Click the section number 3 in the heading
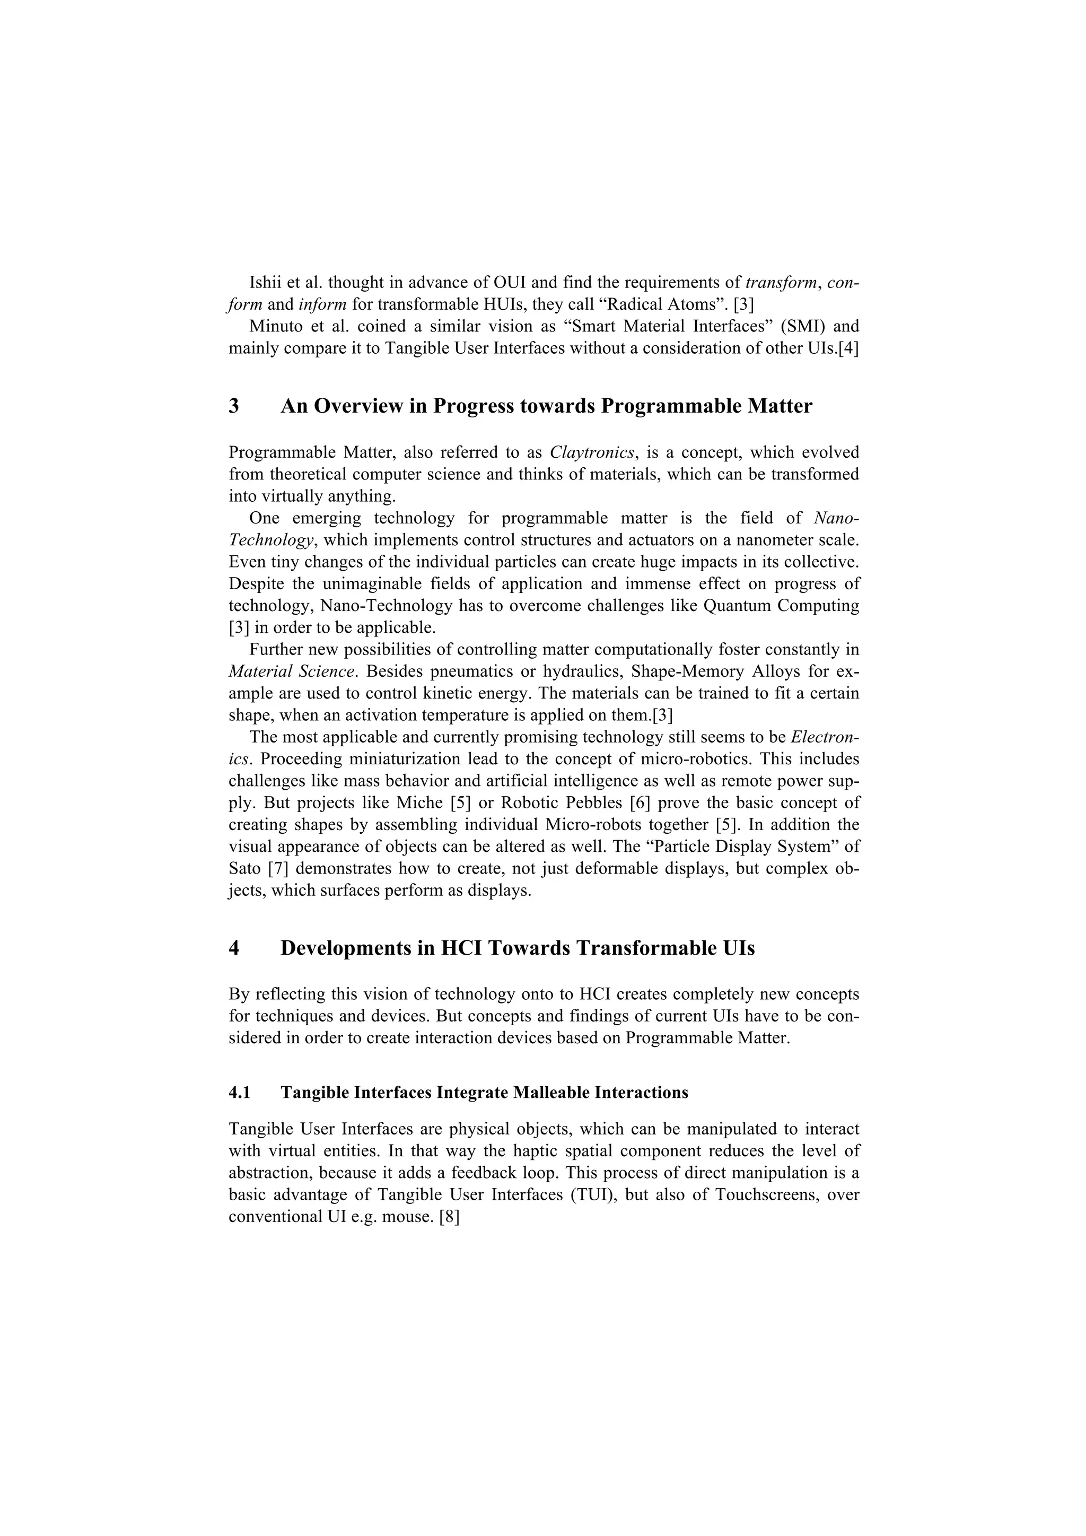point(234,406)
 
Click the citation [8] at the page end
point(448,1217)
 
